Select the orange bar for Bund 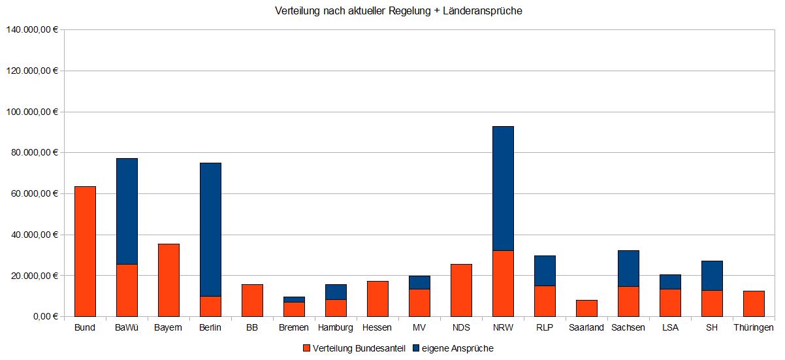tap(85, 252)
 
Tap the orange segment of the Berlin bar tap(210, 306)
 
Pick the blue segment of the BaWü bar tap(127, 211)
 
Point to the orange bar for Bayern tap(168, 280)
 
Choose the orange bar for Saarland tap(586, 308)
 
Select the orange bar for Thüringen tap(754, 304)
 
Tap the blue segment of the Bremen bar tap(294, 299)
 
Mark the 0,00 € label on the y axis tap(43, 316)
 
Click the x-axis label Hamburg tap(336, 327)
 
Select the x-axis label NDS tap(461, 327)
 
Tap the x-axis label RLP tap(545, 327)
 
